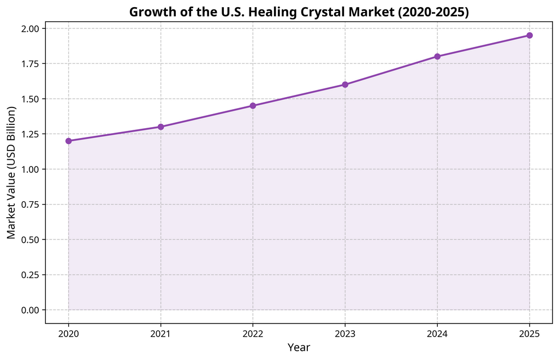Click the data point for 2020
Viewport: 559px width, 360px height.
tap(69, 141)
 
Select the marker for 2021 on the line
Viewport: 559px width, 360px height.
tap(161, 127)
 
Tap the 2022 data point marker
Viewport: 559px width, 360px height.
tap(253, 106)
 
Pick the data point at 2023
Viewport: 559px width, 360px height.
tap(345, 85)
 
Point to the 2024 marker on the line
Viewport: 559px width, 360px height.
tap(437, 56)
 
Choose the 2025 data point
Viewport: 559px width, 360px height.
tap(530, 35)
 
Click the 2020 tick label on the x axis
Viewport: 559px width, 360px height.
tap(69, 333)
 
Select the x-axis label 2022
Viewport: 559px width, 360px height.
tap(253, 333)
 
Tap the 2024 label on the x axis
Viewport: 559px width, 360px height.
tap(437, 333)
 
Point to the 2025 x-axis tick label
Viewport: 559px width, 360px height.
tap(530, 333)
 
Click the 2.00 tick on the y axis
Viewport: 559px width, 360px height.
tap(29, 28)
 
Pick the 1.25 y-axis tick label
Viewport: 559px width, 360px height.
tap(29, 134)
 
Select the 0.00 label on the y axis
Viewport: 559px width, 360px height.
tap(29, 310)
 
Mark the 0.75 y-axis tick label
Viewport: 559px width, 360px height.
tap(29, 205)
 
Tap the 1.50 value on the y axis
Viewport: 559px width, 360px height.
tap(29, 99)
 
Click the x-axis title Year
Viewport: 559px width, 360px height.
tap(299, 347)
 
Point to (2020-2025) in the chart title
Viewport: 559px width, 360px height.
tap(433, 12)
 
